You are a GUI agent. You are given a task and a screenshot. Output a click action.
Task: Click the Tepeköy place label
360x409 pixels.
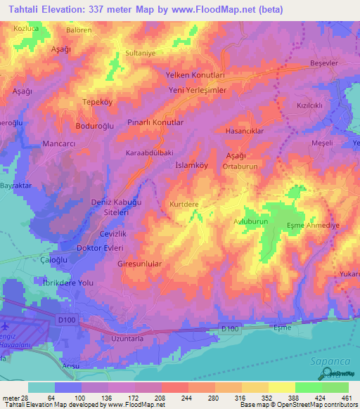98,100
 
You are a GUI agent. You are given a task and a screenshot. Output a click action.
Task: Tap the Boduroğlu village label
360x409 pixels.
95,126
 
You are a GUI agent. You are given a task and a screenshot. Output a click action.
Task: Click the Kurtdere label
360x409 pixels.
184,204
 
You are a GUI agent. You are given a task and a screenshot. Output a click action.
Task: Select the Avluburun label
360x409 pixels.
252,221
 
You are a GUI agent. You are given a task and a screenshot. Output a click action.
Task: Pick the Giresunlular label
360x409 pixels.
139,264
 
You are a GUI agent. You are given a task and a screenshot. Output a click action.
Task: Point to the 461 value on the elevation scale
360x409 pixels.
347,397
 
